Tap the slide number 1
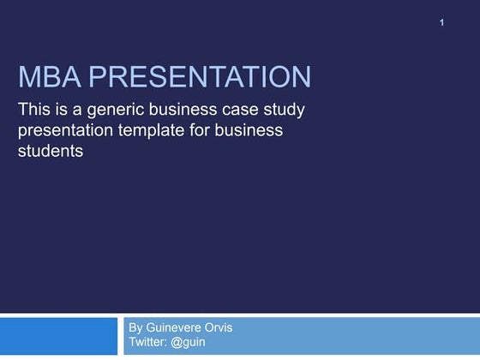pos(442,21)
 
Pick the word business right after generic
pos(181,111)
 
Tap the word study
pos(282,111)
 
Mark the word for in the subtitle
pos(207,131)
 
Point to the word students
pos(50,152)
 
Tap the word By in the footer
pos(136,328)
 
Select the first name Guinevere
pos(178,328)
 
